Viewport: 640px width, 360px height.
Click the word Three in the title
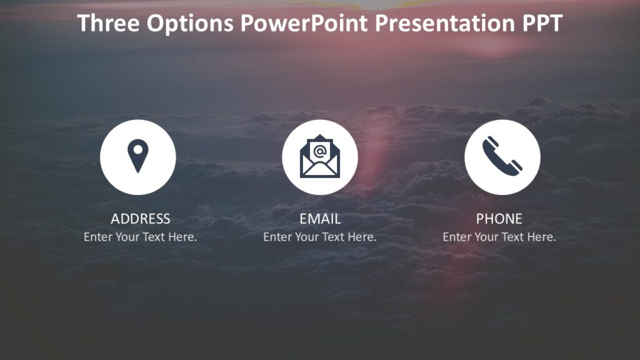pyautogui.click(x=108, y=23)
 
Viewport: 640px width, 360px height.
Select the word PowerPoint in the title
pyautogui.click(x=304, y=23)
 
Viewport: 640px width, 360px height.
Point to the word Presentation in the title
pyautogui.click(x=445, y=23)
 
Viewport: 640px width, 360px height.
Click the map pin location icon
pyautogui.click(x=138, y=156)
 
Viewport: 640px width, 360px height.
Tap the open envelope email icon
pyautogui.click(x=320, y=156)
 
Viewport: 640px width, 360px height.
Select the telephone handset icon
pyautogui.click(x=502, y=156)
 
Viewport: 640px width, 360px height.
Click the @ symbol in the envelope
pyautogui.click(x=320, y=151)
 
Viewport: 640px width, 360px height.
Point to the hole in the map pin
pyautogui.click(x=138, y=149)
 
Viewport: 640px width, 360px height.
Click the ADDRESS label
pyautogui.click(x=141, y=219)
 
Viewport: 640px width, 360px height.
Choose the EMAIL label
pyautogui.click(x=320, y=219)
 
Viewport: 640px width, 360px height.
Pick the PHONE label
pyautogui.click(x=499, y=219)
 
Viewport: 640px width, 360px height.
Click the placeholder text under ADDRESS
pyautogui.click(x=141, y=237)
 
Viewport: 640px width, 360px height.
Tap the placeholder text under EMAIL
pyautogui.click(x=320, y=237)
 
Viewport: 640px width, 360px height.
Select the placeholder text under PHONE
pyautogui.click(x=499, y=237)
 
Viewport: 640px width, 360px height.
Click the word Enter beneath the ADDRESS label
pyautogui.click(x=97, y=237)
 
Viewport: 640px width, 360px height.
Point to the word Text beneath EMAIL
pyautogui.click(x=332, y=237)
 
